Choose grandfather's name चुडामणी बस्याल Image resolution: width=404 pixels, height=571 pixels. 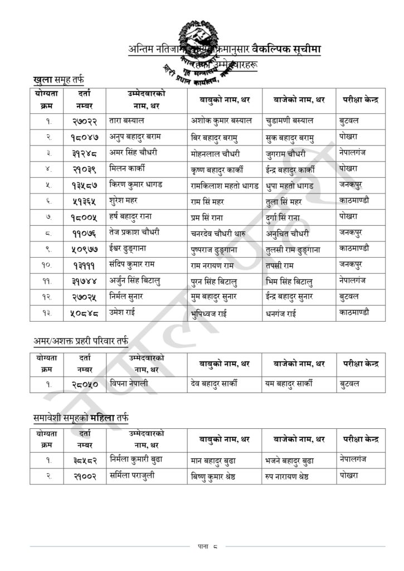[290, 120]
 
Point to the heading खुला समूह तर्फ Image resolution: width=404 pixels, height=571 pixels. [59, 81]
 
